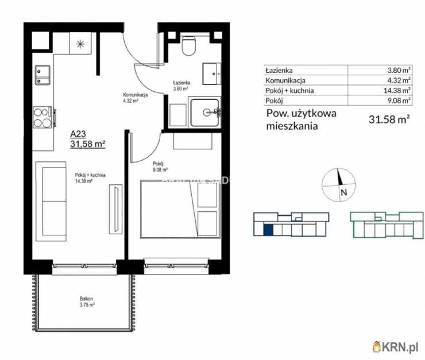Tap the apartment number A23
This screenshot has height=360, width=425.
click(79, 134)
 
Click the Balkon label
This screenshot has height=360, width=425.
click(87, 299)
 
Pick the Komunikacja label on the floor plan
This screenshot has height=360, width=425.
click(136, 95)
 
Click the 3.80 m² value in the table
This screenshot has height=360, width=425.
click(399, 70)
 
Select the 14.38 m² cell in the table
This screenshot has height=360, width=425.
click(398, 90)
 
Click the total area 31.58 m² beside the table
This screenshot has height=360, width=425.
click(388, 119)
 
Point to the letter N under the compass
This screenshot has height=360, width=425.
click(343, 193)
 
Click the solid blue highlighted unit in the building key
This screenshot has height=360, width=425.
click(268, 229)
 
